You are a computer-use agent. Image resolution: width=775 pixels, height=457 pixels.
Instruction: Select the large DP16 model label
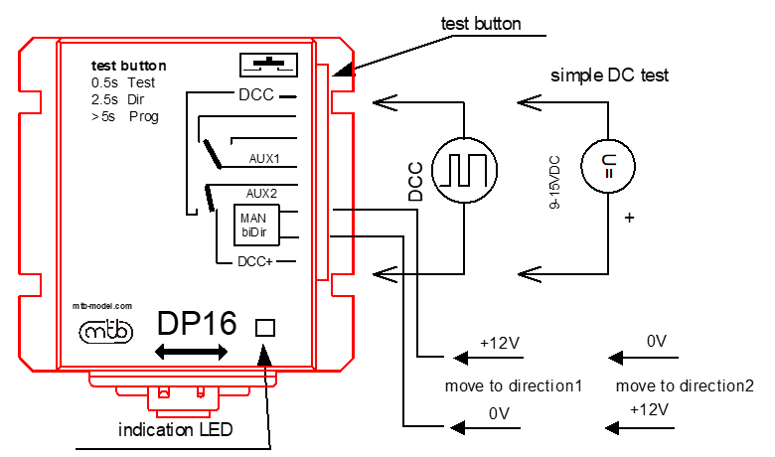pyautogui.click(x=197, y=323)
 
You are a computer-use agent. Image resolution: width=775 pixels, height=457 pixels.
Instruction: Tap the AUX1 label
pyautogui.click(x=264, y=159)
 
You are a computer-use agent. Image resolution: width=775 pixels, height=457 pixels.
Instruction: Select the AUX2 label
pyautogui.click(x=261, y=193)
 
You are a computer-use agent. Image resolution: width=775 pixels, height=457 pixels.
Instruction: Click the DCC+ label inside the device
pyautogui.click(x=255, y=261)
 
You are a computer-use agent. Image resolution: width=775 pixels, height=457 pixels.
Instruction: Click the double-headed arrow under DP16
pyautogui.click(x=191, y=352)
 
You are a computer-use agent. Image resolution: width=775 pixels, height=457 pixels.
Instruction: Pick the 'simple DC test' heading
pyautogui.click(x=609, y=76)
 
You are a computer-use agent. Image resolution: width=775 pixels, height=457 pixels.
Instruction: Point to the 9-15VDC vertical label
pyautogui.click(x=554, y=182)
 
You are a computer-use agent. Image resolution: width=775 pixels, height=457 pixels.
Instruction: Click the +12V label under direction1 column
pyautogui.click(x=499, y=343)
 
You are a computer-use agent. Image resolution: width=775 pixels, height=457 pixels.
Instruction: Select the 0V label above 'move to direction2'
pyautogui.click(x=657, y=341)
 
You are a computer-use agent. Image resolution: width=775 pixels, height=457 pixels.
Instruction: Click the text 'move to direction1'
pyautogui.click(x=514, y=385)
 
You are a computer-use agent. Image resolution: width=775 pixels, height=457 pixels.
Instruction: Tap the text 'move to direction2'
pyautogui.click(x=685, y=385)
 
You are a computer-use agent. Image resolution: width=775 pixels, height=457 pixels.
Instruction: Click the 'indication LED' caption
pyautogui.click(x=176, y=429)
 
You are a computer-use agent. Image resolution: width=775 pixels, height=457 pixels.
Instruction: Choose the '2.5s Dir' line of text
pyautogui.click(x=117, y=99)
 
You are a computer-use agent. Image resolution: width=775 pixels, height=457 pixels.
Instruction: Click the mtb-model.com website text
pyautogui.click(x=102, y=306)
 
